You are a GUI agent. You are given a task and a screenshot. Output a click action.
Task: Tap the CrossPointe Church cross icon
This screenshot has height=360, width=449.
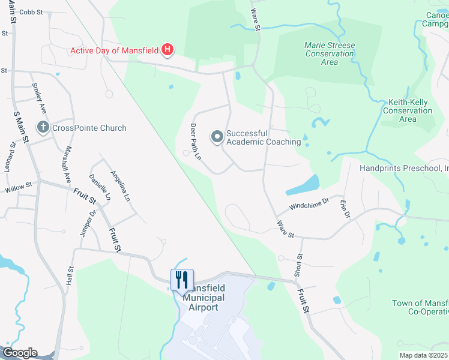(x=43, y=127)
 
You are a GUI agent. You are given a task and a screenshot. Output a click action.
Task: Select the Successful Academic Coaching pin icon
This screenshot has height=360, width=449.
(x=217, y=137)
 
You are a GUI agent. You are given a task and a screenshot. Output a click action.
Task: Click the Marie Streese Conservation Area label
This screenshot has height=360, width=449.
(x=329, y=53)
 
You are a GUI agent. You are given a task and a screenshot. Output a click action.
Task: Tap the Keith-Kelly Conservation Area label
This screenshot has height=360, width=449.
(x=408, y=110)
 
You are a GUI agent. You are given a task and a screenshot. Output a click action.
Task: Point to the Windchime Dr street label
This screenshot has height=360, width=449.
(x=309, y=206)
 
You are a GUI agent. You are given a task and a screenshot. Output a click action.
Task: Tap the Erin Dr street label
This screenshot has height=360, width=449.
(x=345, y=211)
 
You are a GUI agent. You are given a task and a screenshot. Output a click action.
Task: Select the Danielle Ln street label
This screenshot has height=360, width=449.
(x=100, y=187)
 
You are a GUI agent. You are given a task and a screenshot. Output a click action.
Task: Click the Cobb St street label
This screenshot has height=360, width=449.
(x=31, y=11)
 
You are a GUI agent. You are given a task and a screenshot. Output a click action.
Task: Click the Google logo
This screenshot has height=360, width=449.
(x=19, y=353)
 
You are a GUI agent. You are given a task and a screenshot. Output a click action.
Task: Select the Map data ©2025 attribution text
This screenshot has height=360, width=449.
(x=423, y=355)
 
